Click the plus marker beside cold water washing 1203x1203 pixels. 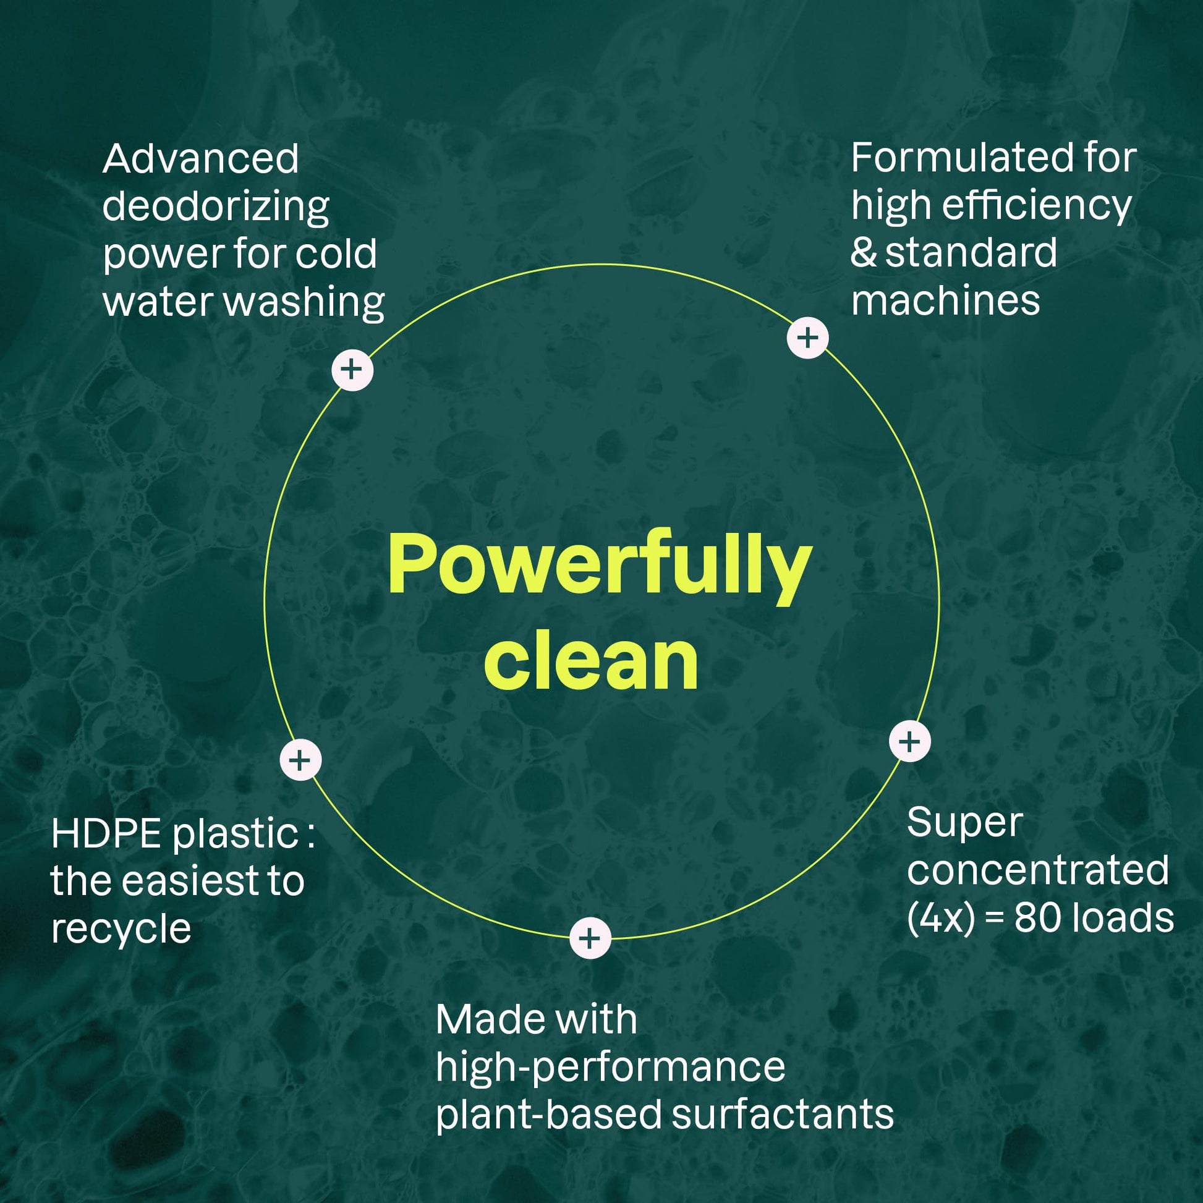pos(352,369)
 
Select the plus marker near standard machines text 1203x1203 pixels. pos(807,338)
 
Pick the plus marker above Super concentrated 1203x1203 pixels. pos(910,741)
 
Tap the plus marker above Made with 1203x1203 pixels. pos(590,938)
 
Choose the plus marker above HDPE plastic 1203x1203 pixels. pos(300,760)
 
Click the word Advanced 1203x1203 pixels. pos(200,159)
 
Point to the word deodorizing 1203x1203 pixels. pos(216,207)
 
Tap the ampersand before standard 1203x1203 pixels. pos(863,253)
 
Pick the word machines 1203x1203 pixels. pos(945,302)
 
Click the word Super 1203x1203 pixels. pos(964,823)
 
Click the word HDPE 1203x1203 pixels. pos(106,834)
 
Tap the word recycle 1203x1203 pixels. pos(121,929)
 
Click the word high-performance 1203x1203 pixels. pos(610,1067)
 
